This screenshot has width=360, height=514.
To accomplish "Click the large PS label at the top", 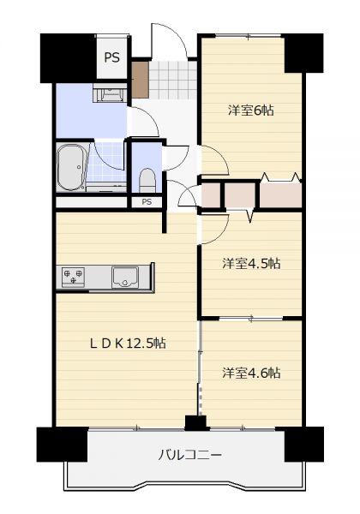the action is (x=111, y=57).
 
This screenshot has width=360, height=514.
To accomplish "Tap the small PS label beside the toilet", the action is (x=147, y=202).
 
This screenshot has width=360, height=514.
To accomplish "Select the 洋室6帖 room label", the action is (x=251, y=111).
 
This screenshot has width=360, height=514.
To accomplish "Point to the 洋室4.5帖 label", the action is (x=251, y=263).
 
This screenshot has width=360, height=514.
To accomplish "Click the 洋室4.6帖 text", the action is (x=251, y=373).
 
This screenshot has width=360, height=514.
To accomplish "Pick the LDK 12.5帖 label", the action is (x=128, y=344).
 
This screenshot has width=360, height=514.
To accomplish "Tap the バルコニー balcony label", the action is (x=189, y=455).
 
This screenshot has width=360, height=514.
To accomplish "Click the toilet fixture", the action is (x=147, y=180).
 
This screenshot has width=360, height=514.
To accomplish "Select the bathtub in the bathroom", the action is (x=71, y=168).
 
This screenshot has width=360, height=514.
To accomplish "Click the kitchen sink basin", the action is (x=124, y=278).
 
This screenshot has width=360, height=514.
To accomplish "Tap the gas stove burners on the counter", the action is (x=73, y=277).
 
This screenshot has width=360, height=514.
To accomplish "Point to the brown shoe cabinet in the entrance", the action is (x=140, y=80).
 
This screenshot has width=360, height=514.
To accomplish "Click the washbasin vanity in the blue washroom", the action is (x=110, y=93).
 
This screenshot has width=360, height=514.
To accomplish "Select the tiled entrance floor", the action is (x=172, y=80).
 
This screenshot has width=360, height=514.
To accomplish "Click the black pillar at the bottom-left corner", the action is (x=63, y=445).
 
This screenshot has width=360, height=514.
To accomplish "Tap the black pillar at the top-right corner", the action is (x=303, y=53).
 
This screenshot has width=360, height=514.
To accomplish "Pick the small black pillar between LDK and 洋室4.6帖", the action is (x=195, y=423).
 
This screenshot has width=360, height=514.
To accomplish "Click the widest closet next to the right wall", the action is (x=280, y=194).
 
